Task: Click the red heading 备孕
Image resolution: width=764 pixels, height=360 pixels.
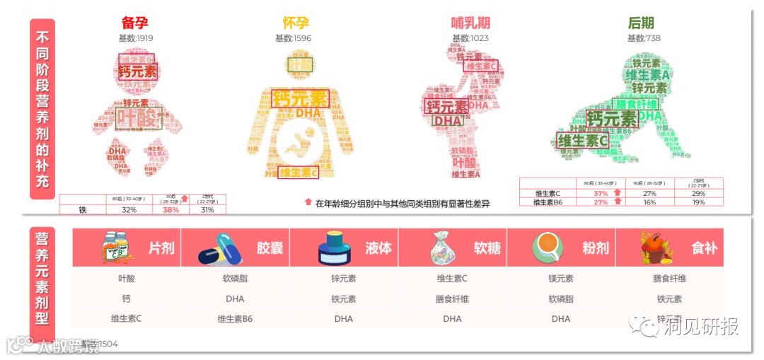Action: pos(135,23)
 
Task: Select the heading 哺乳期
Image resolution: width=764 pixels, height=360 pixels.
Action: pos(470,23)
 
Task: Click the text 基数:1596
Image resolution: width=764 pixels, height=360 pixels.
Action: pos(293,38)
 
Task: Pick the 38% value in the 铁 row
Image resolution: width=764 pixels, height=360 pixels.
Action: pos(170,210)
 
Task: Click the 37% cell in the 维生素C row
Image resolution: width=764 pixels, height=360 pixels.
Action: pos(601,193)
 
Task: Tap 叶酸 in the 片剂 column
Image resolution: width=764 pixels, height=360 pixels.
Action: pos(127,279)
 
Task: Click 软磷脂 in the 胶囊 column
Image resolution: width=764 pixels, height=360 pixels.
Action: pos(235,279)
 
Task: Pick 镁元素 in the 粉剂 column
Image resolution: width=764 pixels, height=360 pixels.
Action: pos(561,279)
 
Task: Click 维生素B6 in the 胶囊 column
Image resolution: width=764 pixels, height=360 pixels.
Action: pos(235,319)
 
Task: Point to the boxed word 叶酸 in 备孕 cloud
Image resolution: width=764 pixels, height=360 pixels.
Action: pos(139,118)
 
